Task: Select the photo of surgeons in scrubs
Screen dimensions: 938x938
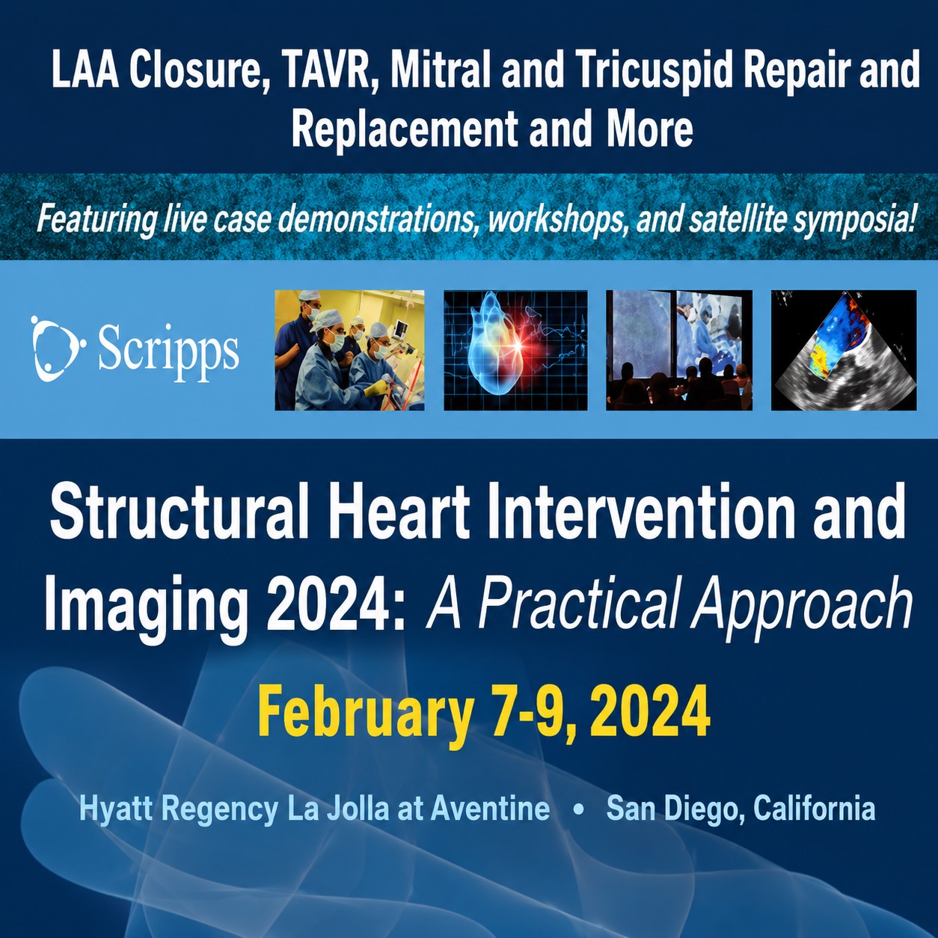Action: pyautogui.click(x=349, y=350)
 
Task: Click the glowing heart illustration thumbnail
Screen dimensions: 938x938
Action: pyautogui.click(x=515, y=350)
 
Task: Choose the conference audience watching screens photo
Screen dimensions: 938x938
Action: pyautogui.click(x=679, y=350)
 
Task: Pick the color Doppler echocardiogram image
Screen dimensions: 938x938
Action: pyautogui.click(x=844, y=350)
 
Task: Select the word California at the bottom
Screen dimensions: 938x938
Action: pyautogui.click(x=814, y=809)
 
